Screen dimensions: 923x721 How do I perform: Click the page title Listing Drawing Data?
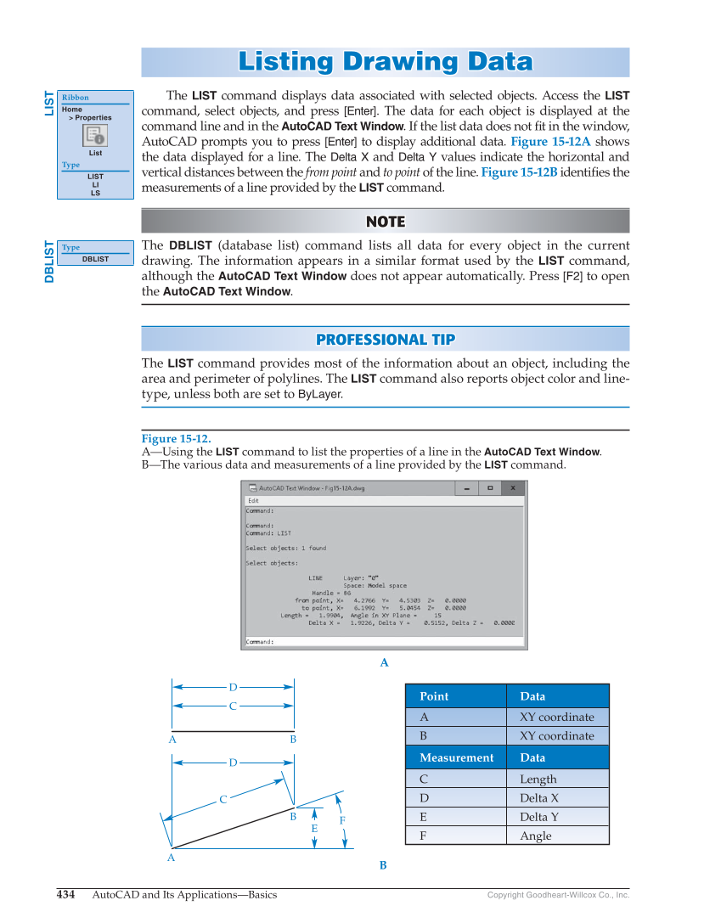[385, 62]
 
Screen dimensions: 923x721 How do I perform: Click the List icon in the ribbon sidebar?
[95, 135]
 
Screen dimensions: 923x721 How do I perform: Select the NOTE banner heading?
[385, 222]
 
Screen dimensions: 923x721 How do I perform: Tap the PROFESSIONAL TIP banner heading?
[385, 340]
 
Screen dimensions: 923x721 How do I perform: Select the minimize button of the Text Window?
[466, 488]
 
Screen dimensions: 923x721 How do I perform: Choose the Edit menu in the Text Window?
[253, 501]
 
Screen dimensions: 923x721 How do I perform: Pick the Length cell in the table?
[538, 779]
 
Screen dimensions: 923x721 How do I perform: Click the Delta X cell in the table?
[539, 798]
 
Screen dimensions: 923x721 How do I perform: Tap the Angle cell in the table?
[536, 836]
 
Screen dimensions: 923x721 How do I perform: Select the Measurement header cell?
[456, 757]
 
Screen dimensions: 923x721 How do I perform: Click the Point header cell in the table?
[434, 696]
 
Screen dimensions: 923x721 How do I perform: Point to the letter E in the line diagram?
[314, 829]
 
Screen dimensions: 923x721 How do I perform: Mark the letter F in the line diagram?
[342, 821]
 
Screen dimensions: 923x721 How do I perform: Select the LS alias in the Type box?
[95, 193]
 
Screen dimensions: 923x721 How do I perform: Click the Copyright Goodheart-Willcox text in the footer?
[558, 895]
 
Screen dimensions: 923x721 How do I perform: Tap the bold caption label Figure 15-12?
[176, 439]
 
